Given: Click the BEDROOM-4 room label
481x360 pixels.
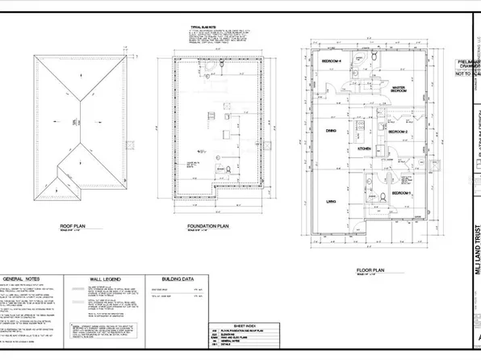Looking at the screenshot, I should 331,61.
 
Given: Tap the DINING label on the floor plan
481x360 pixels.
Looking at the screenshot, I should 331,130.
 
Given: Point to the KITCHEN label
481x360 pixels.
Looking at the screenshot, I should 363,149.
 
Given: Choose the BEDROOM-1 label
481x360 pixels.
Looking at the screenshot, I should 401,194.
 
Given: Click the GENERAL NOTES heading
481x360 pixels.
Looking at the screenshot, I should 29,275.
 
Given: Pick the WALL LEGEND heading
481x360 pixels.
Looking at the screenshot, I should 103,275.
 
